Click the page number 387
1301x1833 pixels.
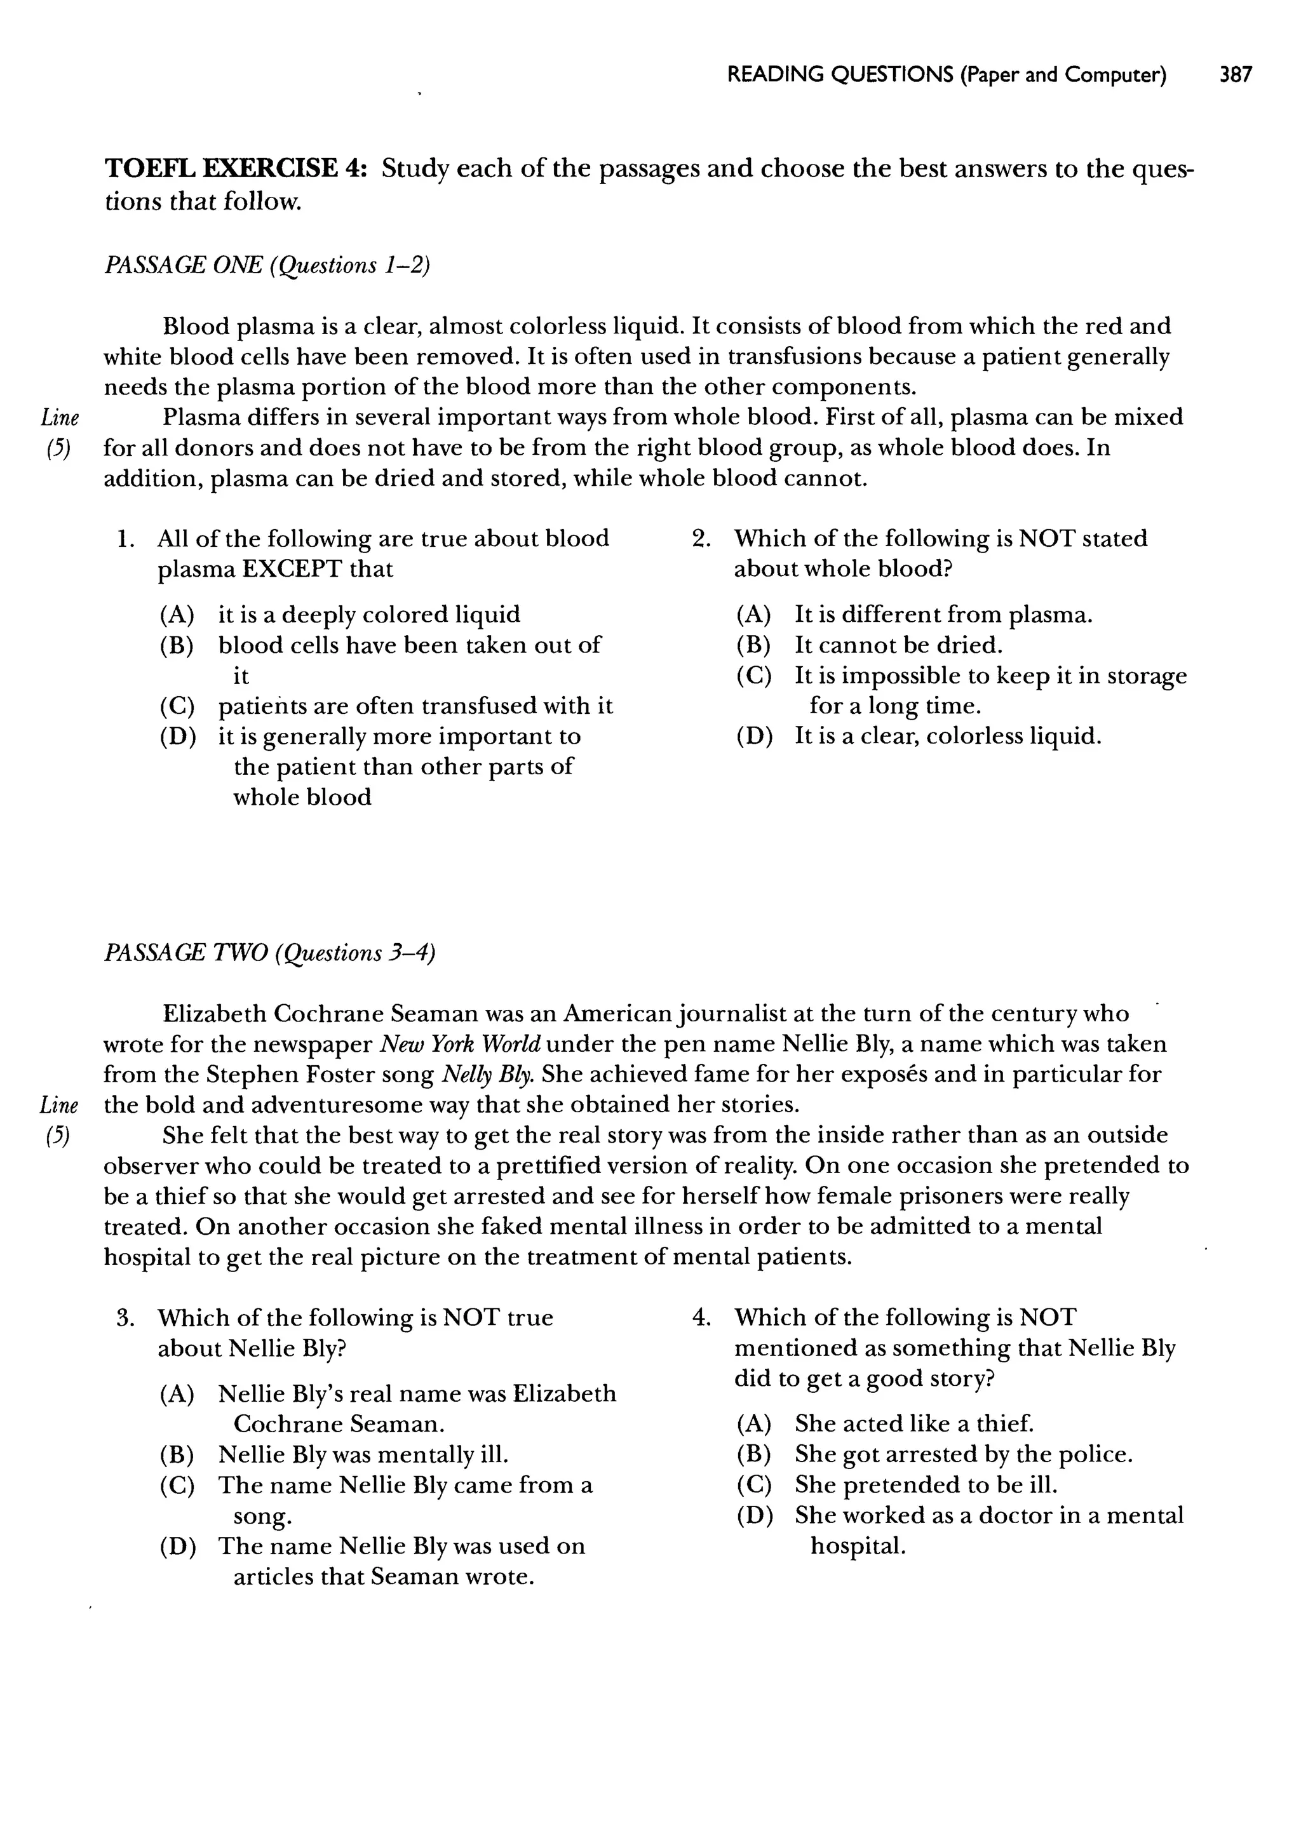tap(1234, 76)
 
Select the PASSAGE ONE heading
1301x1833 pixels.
tap(267, 265)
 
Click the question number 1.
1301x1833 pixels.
tap(124, 538)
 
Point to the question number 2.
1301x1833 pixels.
tap(701, 538)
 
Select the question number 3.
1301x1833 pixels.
tap(124, 1317)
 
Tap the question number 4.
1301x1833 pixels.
tap(701, 1317)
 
